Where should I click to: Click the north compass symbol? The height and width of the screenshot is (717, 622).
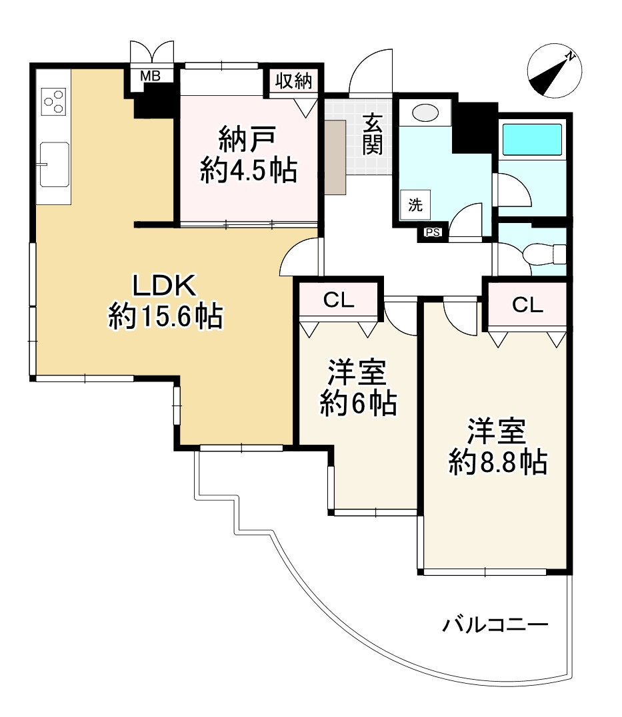coord(554,71)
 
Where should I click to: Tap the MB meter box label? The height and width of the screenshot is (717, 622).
coord(150,76)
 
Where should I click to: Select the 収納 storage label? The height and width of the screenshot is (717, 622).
coord(293,81)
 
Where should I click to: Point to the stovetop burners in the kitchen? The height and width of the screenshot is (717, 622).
coord(53,101)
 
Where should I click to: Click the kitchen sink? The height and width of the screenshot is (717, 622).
coord(55,164)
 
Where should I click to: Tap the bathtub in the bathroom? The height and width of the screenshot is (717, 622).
coord(532,139)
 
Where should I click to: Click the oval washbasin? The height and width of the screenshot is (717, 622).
coord(425,113)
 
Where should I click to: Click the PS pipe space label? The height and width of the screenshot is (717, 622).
coord(433,233)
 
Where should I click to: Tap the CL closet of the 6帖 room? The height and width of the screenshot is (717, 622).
coord(339,300)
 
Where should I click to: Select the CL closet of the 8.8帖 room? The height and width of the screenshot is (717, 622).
coord(527,304)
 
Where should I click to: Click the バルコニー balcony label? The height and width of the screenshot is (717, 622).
coord(495,624)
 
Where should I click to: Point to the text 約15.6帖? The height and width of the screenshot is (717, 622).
coord(165,316)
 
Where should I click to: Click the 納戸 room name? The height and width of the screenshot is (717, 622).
coord(247,139)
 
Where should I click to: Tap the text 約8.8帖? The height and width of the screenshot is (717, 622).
coord(498,462)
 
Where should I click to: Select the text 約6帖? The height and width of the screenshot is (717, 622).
coord(358,403)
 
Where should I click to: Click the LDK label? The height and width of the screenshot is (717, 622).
coord(165,286)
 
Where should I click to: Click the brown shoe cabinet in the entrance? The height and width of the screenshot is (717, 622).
coord(335,157)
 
